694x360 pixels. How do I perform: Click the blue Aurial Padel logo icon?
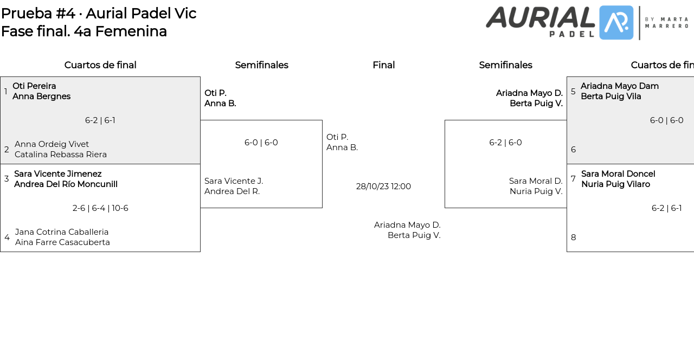click(x=616, y=23)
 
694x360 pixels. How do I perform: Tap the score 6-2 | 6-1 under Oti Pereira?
click(x=100, y=120)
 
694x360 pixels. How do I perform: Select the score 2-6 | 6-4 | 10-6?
click(x=100, y=208)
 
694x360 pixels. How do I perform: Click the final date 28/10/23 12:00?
click(x=383, y=187)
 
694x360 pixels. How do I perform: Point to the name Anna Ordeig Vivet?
click(x=52, y=144)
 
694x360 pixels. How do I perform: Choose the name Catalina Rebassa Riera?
click(x=61, y=155)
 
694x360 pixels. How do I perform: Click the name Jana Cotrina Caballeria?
click(x=62, y=232)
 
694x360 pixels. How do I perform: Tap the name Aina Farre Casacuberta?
click(x=62, y=242)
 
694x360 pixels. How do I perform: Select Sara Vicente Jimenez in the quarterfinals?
click(x=58, y=174)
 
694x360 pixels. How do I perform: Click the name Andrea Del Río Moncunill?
click(x=66, y=184)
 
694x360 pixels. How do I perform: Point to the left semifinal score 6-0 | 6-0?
click(x=261, y=143)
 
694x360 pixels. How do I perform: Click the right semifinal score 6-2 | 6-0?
click(x=505, y=143)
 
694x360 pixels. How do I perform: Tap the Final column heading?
click(x=383, y=65)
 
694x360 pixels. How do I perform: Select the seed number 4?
click(x=7, y=237)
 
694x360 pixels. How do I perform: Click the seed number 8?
click(x=574, y=237)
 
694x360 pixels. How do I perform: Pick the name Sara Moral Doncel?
click(x=618, y=174)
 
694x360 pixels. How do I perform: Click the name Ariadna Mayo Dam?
click(x=620, y=86)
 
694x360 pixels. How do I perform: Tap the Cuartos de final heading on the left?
click(x=100, y=65)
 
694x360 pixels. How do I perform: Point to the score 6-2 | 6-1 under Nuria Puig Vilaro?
click(x=666, y=208)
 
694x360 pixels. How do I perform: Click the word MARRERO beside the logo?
click(x=666, y=26)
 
